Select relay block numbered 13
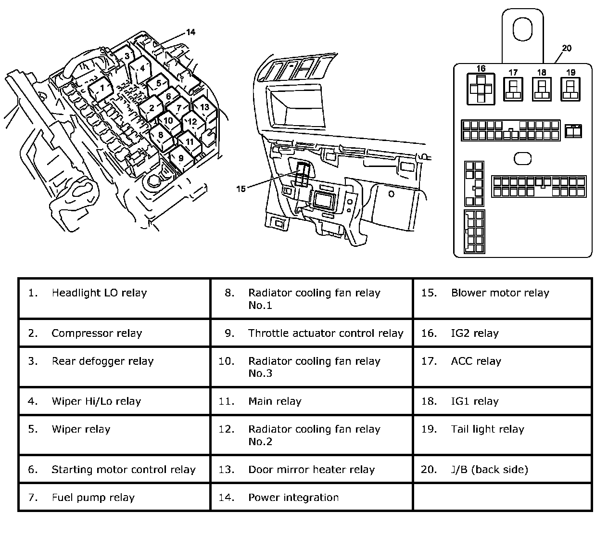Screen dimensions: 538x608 pyautogui.click(x=204, y=107)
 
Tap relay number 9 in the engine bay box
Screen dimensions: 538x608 pyautogui.click(x=180, y=158)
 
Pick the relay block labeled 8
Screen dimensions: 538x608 pyautogui.click(x=161, y=135)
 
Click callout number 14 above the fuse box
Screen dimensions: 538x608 pyautogui.click(x=190, y=32)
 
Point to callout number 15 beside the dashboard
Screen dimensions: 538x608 pyautogui.click(x=241, y=188)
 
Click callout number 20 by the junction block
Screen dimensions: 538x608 pyautogui.click(x=567, y=48)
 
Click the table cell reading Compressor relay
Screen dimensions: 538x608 pyautogui.click(x=97, y=333)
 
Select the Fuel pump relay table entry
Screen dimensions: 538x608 pyautogui.click(x=93, y=498)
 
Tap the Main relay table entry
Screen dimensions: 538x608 pyautogui.click(x=275, y=401)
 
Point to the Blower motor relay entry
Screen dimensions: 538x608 pyautogui.click(x=500, y=293)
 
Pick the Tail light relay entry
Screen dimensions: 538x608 pyautogui.click(x=487, y=429)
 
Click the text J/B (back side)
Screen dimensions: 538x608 pyautogui.click(x=489, y=470)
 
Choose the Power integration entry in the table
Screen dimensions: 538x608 pyautogui.click(x=293, y=498)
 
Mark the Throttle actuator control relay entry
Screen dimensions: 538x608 pyautogui.click(x=326, y=333)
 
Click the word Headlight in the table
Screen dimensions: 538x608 pyautogui.click(x=76, y=293)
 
